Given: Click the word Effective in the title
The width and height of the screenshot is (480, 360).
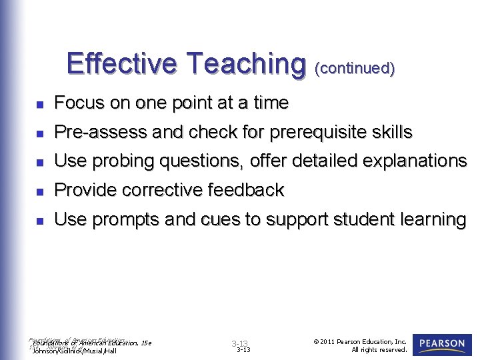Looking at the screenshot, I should coord(122,64).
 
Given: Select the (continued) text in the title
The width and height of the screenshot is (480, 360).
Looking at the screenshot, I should coord(355,68).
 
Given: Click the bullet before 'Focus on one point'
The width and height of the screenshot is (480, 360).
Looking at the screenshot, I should coord(40,105).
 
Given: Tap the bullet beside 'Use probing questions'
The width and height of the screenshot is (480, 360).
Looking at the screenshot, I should coord(40,163).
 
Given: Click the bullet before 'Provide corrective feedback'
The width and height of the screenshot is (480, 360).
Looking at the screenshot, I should coord(40,192).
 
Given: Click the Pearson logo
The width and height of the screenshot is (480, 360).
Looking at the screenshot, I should coord(442,344).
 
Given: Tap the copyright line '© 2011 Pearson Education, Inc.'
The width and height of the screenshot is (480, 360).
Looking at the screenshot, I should coord(359,341).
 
